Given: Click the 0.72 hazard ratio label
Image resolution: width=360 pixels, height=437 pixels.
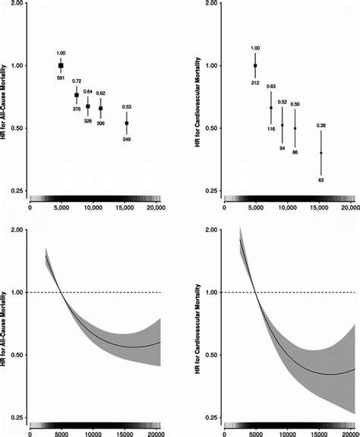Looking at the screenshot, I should [x=77, y=81].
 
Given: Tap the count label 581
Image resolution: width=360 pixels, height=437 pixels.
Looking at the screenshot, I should [x=61, y=79].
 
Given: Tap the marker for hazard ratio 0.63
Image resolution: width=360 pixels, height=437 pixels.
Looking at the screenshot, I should [x=271, y=108].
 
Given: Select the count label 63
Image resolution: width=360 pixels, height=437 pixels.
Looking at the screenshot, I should [x=321, y=181].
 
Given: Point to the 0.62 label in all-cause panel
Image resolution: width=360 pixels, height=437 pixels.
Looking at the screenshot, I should [x=101, y=93].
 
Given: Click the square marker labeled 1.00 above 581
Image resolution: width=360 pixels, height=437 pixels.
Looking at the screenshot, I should [x=61, y=66].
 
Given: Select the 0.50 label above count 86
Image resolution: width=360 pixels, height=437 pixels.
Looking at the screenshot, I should [x=295, y=103].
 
